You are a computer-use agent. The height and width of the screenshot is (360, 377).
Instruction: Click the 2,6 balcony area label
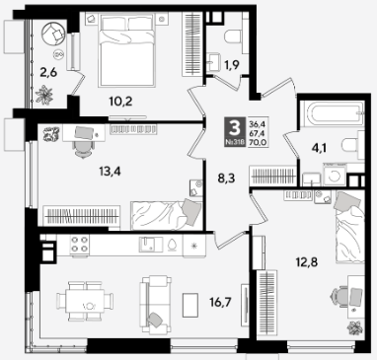click(48, 72)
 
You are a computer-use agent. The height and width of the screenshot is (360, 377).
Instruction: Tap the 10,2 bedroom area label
click(120, 102)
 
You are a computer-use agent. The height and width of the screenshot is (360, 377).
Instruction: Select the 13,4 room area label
click(110, 171)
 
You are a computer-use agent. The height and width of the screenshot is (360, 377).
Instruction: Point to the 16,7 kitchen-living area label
click(220, 302)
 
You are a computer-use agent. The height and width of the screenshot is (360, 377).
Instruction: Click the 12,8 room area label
click(306, 262)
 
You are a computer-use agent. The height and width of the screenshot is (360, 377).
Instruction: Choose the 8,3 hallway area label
click(227, 180)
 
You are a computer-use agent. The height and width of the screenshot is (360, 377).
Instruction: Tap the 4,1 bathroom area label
click(320, 150)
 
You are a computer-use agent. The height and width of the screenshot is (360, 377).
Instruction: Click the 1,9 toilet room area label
click(232, 65)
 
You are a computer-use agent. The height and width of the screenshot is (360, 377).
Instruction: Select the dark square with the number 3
click(235, 131)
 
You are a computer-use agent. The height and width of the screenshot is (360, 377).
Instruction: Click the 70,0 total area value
click(258, 142)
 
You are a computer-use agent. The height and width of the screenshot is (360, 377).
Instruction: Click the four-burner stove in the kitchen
click(79, 245)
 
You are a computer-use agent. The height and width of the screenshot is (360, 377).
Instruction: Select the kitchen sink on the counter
click(150, 245)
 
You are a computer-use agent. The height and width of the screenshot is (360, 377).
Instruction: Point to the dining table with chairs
click(86, 301)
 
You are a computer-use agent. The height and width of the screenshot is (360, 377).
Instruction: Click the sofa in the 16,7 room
click(156, 305)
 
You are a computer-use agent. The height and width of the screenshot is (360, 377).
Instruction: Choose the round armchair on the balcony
click(54, 34)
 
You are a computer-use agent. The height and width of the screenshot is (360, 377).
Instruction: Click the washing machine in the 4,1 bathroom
click(335, 176)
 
